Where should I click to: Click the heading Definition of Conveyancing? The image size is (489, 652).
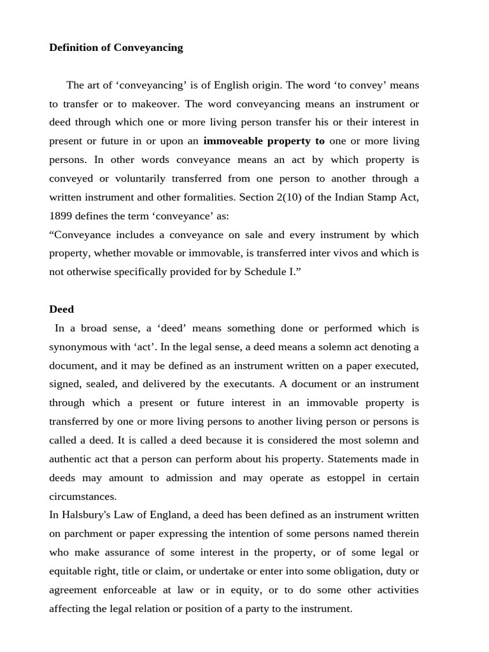click(116, 48)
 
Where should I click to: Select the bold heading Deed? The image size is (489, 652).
click(62, 309)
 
